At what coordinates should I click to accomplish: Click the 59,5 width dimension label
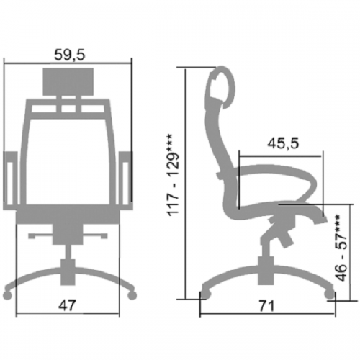coord(70,55)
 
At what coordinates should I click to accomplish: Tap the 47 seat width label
coord(67,305)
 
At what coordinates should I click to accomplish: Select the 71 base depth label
coord(266,306)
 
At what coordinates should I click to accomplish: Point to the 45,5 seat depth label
coord(283,143)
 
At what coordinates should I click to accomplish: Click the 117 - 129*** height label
coord(174,175)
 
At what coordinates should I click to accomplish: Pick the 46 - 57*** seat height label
coord(341,248)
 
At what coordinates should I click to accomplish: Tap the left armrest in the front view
coord(10,181)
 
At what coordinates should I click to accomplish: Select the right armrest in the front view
coord(126,181)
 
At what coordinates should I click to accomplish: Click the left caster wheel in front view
coord(8,295)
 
